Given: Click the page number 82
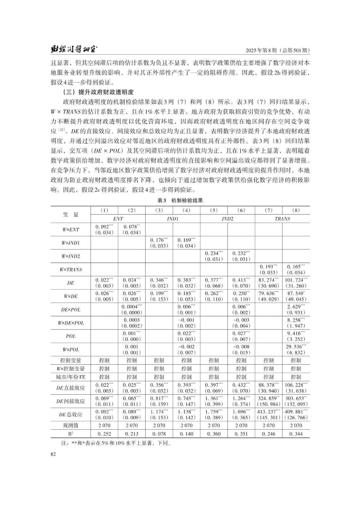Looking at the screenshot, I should [53, 454].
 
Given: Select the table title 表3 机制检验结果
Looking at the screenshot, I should [180, 200].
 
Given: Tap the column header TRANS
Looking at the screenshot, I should [282, 218].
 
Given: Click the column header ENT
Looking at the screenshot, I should [118, 218].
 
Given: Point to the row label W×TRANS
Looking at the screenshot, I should [70, 270].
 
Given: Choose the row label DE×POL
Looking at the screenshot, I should [70, 310].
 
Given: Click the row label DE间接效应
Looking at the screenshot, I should [70, 401].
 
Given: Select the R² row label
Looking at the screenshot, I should [70, 434].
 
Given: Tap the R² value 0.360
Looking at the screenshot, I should [214, 434].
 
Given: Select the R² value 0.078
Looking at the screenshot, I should [159, 434].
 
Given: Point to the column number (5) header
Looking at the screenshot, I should [214, 210].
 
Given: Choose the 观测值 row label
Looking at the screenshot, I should [70, 425].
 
